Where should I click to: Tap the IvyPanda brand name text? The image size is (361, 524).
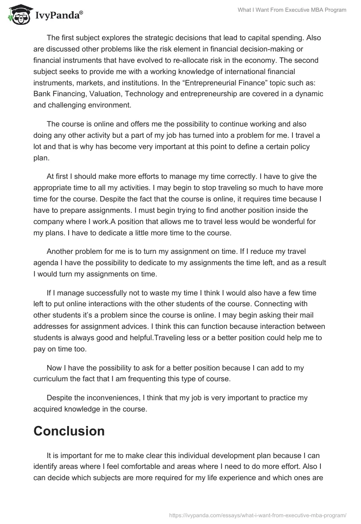58,15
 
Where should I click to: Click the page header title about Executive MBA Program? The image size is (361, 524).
292,10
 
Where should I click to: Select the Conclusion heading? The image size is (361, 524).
69,430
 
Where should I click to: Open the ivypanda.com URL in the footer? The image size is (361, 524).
257,515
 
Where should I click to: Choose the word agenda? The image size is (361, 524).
46,262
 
